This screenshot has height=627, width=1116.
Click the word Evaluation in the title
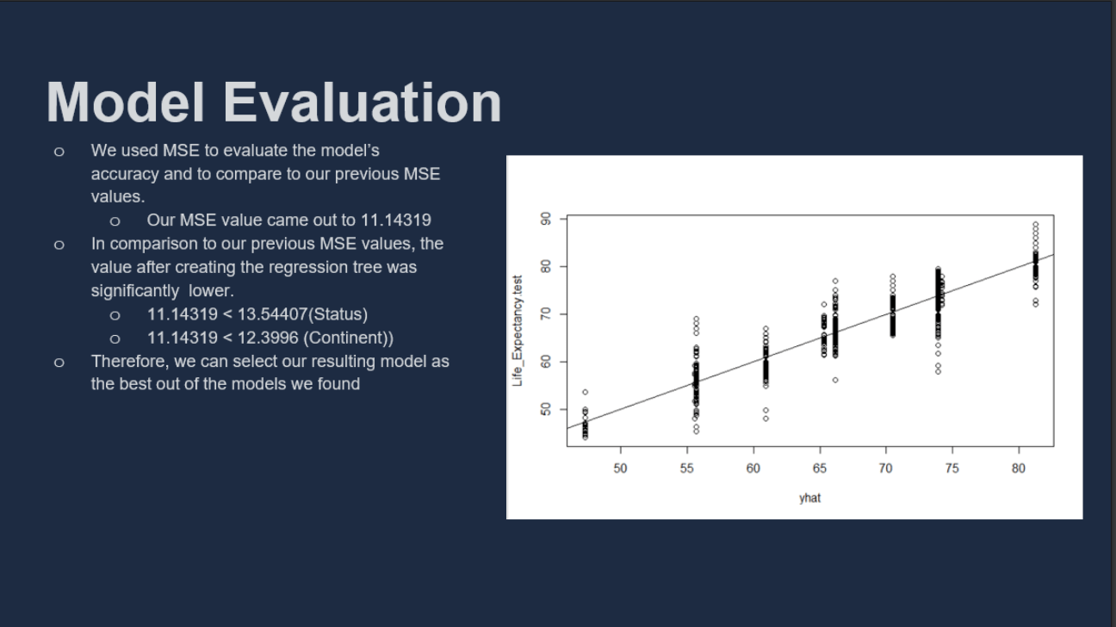(x=363, y=102)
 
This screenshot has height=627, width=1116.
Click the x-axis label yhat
(x=809, y=498)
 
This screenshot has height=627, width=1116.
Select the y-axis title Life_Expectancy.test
(x=518, y=331)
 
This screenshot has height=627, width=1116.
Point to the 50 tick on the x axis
(x=620, y=469)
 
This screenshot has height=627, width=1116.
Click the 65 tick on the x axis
(x=819, y=469)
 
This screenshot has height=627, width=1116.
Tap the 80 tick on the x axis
(x=1019, y=469)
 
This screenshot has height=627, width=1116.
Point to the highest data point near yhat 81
(x=1035, y=225)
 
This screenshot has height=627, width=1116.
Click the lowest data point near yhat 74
(x=938, y=371)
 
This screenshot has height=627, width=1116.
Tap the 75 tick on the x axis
(x=952, y=469)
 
